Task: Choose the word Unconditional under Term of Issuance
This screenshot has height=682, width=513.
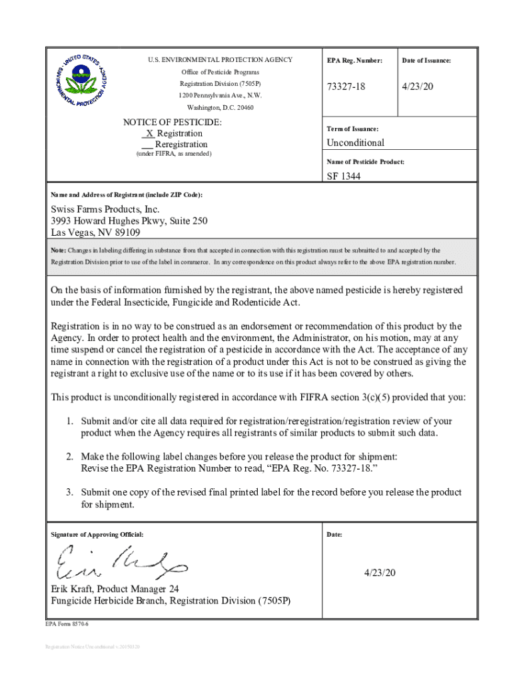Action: click(x=355, y=143)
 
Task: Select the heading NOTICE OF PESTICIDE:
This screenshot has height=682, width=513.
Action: click(x=172, y=123)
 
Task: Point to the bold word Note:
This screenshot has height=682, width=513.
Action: click(x=59, y=251)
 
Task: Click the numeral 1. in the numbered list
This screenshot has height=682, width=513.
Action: click(x=69, y=422)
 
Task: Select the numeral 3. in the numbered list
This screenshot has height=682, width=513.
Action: click(x=69, y=492)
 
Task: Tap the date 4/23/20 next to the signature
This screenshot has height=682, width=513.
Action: click(x=380, y=573)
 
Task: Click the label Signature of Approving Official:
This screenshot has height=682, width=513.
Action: click(x=97, y=535)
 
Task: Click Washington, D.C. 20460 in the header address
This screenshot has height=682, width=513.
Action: click(x=220, y=107)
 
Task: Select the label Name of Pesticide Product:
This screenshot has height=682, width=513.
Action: click(x=365, y=162)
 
